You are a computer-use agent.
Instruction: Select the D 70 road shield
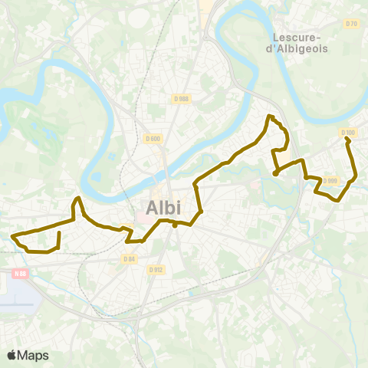coord(351,24)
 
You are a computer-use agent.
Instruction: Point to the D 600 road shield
coord(153,139)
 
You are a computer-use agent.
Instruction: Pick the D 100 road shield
coord(348,132)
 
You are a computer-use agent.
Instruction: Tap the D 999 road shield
coord(330,181)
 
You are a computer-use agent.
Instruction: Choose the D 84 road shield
coord(129,259)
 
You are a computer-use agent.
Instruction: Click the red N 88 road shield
coord(20,272)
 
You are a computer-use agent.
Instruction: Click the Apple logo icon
coord(12,355)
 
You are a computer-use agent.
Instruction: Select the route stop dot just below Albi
coord(175,225)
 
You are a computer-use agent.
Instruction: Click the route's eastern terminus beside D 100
coord(347,139)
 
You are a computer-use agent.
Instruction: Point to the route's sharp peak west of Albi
coord(77,199)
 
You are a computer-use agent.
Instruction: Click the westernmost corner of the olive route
coord(13,235)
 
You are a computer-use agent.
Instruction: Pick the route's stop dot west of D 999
coord(274,174)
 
